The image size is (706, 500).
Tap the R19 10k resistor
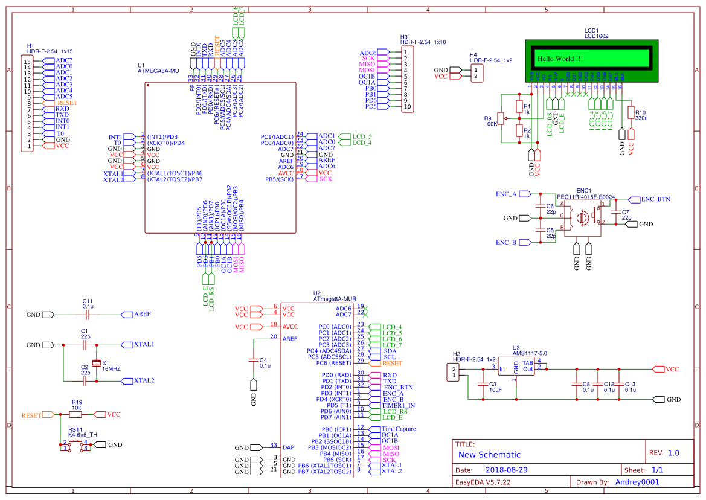click(77, 415)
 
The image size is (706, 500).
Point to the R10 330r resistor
click(632, 113)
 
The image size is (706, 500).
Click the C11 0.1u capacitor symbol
click(88, 315)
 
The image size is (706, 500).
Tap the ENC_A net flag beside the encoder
click(507, 194)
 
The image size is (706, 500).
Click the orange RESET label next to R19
click(32, 415)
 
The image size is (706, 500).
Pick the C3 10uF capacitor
click(483, 385)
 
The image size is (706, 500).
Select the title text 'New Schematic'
click(489, 455)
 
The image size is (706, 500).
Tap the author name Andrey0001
click(637, 482)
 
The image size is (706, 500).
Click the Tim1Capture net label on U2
click(399, 429)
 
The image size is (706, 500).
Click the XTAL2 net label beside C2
click(143, 381)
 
